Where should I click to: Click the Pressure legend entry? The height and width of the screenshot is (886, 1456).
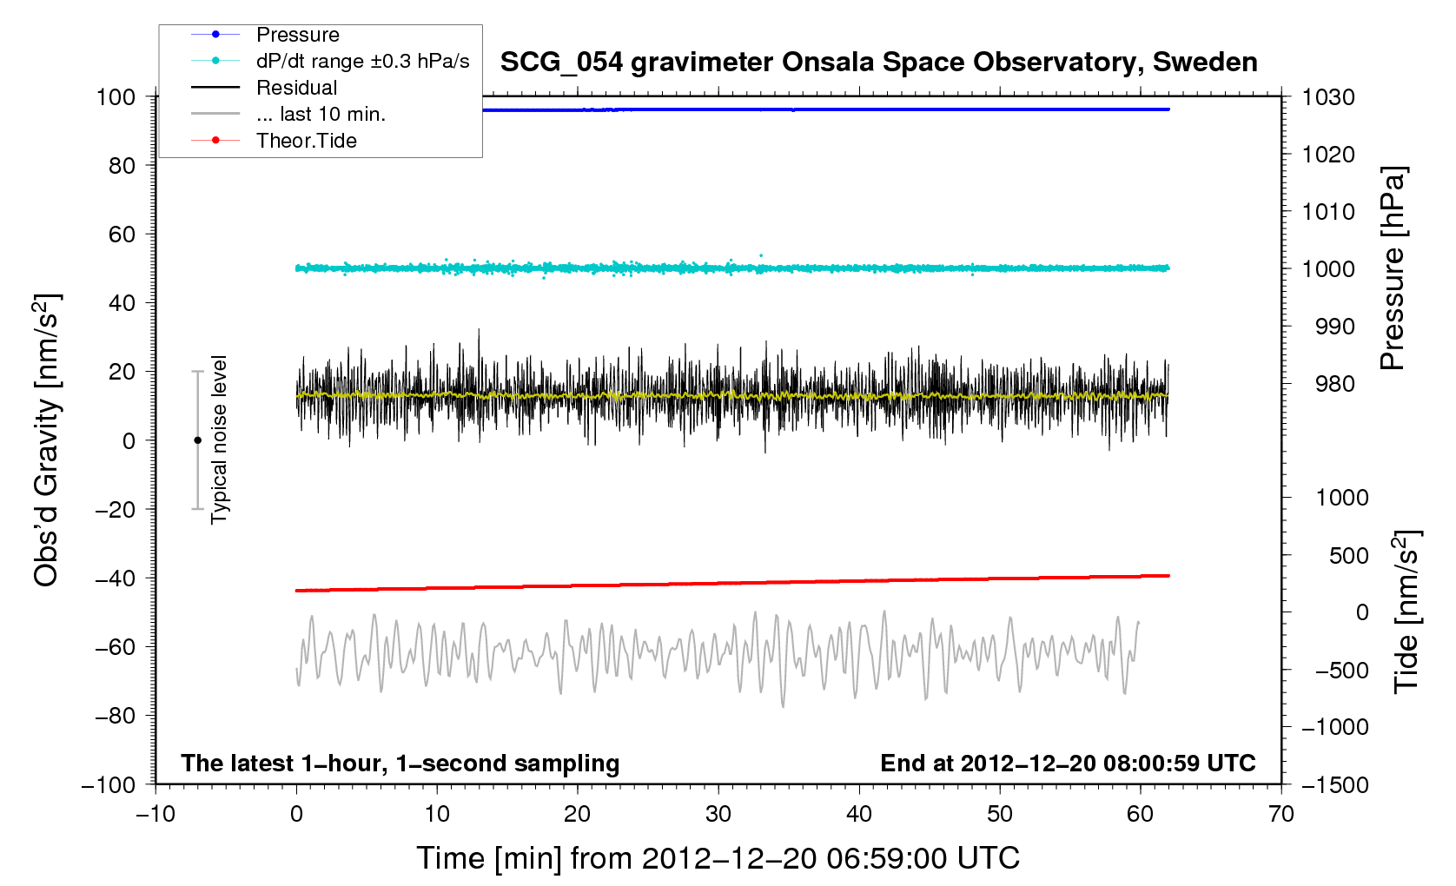click(297, 35)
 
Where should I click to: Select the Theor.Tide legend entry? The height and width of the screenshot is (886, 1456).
click(306, 141)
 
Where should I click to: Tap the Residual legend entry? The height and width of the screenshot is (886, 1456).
click(296, 88)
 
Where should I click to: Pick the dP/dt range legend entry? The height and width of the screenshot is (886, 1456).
click(362, 61)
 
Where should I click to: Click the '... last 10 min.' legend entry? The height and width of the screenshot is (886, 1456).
click(321, 114)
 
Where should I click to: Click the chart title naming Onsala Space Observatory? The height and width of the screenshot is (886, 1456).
click(878, 63)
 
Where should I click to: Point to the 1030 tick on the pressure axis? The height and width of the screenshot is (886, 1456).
click(1328, 97)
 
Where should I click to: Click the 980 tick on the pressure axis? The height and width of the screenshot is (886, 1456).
click(1328, 384)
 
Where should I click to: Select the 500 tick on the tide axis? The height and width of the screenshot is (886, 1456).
click(1348, 555)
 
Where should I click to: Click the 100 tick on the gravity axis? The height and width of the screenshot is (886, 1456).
click(116, 96)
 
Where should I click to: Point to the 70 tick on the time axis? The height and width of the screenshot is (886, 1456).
click(1281, 814)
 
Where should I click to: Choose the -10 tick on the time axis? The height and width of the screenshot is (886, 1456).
click(156, 814)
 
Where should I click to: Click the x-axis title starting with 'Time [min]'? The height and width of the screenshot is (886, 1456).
click(718, 858)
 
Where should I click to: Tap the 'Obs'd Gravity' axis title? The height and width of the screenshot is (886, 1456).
click(47, 440)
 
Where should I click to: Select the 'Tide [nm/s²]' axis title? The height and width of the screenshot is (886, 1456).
click(1406, 612)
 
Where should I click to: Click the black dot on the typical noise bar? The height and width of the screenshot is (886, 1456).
click(197, 440)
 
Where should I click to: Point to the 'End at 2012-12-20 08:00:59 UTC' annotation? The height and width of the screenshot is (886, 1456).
click(1068, 764)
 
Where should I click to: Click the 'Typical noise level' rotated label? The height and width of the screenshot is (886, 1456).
click(220, 440)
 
